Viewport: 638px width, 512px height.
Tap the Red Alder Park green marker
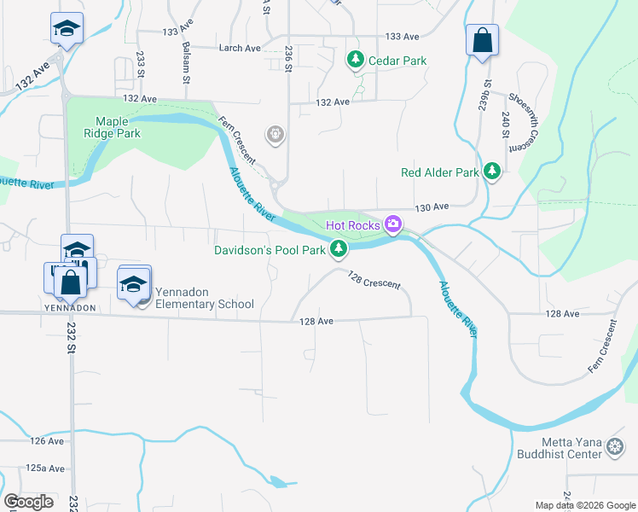coord(492,172)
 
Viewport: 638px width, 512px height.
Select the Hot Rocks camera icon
coord(393,225)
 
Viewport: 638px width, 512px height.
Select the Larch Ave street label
coord(240,49)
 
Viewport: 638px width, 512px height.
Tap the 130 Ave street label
coord(432,207)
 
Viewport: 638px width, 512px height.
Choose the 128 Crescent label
coord(374,279)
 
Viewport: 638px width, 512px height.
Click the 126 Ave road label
coord(47,441)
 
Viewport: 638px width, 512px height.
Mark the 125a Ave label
coord(45,468)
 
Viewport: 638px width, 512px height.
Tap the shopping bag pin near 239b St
coord(482,39)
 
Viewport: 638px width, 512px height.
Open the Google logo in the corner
coord(29,502)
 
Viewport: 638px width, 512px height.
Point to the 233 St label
coord(141,65)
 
